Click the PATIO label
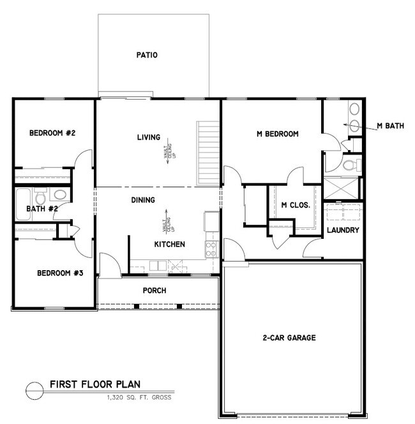point(146,55)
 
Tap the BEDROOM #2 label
point(53,133)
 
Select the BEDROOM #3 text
point(60,273)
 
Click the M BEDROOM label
point(277,133)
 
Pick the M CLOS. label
point(296,205)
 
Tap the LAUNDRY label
point(343,230)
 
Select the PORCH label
point(154,291)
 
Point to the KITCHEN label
point(169,245)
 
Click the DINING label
point(143,200)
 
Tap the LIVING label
point(148,137)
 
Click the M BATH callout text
point(390,126)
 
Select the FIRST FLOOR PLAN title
point(95,385)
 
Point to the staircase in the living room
point(208,153)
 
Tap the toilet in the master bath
point(349,165)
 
